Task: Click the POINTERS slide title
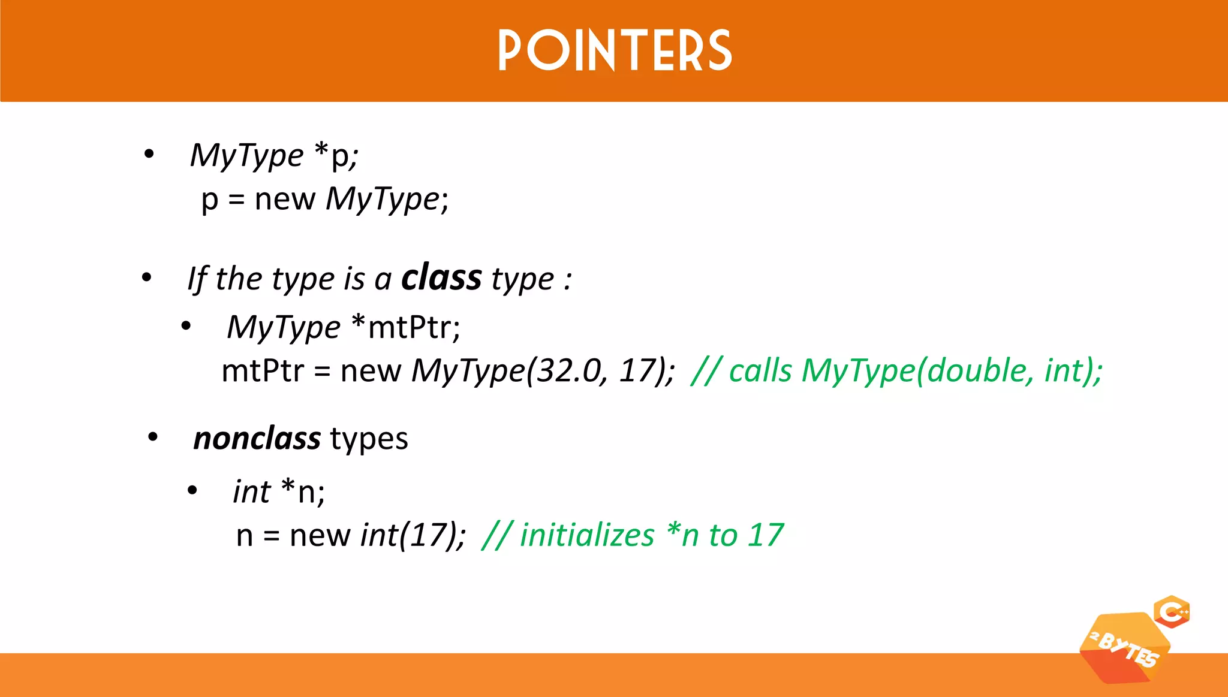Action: pos(615,51)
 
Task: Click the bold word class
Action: pos(441,277)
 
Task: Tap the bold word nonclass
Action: pos(257,438)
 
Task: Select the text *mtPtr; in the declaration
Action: pos(405,327)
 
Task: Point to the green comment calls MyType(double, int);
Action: pos(896,370)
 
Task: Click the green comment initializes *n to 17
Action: pos(633,535)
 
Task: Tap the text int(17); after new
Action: pos(413,535)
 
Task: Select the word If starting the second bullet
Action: pos(197,279)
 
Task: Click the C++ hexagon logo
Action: pos(1172,612)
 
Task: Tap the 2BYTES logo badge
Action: pos(1124,648)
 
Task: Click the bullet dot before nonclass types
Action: pos(153,437)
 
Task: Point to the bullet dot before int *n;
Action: pos(192,491)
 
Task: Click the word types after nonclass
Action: pos(369,439)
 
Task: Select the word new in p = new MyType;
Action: pos(285,200)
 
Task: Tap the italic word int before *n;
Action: pos(252,492)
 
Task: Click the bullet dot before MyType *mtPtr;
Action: pos(186,327)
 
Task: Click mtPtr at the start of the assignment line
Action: pos(262,371)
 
